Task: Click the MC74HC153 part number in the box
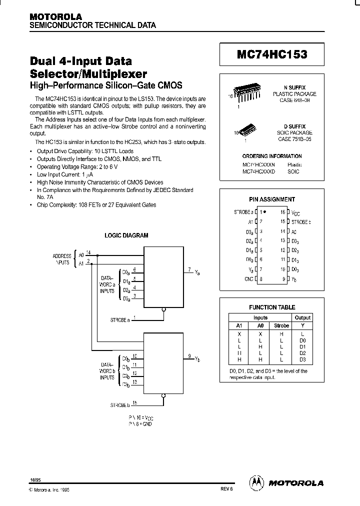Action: click(x=272, y=54)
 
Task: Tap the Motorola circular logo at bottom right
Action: click(x=256, y=482)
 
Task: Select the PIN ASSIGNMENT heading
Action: click(x=272, y=199)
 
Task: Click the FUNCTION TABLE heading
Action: click(x=272, y=307)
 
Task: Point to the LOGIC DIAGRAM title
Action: click(x=126, y=235)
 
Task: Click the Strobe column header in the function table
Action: click(x=281, y=325)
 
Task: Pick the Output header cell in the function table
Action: click(x=302, y=317)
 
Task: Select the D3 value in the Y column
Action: click(x=302, y=359)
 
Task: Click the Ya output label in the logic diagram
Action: click(x=197, y=272)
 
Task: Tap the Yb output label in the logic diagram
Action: click(x=197, y=359)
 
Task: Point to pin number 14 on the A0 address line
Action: click(x=88, y=252)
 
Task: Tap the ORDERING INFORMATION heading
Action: click(x=272, y=156)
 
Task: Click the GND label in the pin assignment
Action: click(x=248, y=279)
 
